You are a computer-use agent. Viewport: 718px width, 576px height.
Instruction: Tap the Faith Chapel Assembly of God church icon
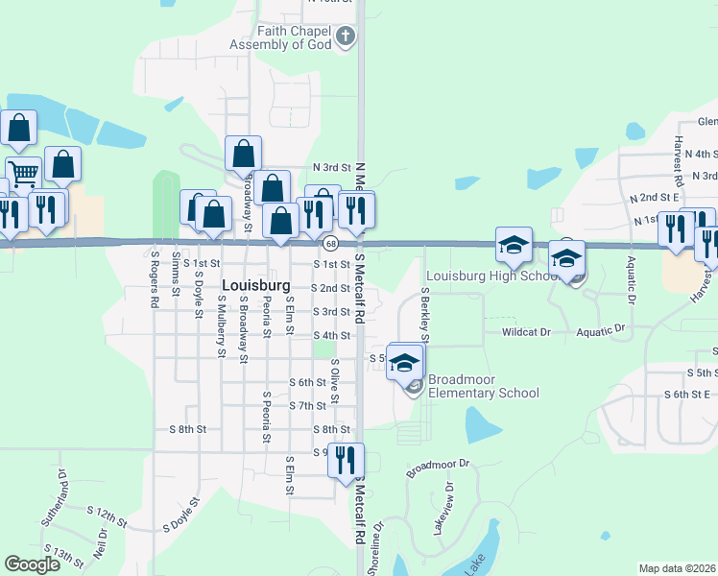point(346,37)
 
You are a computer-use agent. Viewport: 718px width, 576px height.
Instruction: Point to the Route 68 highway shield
point(328,244)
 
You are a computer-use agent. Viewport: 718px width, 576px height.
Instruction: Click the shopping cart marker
point(23,175)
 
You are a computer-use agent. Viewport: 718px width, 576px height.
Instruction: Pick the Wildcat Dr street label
point(526,331)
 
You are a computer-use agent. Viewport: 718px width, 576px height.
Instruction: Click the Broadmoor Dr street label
point(441,468)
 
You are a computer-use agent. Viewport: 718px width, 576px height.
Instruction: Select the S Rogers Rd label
point(154,278)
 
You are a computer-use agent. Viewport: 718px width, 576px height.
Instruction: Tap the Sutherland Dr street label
point(53,498)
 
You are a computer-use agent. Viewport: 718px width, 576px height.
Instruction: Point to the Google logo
point(33,564)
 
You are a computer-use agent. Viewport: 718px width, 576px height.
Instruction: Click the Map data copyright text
point(678,568)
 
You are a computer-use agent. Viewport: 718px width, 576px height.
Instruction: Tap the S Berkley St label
point(423,312)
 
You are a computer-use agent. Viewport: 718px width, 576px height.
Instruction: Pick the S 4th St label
point(331,335)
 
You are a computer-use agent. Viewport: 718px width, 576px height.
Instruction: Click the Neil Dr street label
point(99,544)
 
